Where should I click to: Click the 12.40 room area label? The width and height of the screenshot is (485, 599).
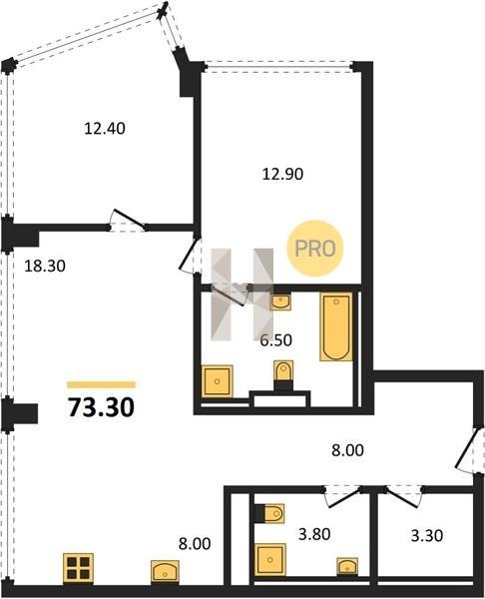point(104,129)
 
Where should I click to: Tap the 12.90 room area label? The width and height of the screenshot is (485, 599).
point(283,174)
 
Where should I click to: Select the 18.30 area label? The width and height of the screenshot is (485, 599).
point(45,266)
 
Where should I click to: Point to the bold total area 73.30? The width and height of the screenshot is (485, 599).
point(101,407)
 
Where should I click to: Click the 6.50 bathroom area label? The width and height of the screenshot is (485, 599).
point(276,340)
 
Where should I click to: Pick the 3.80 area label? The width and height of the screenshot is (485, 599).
point(314,534)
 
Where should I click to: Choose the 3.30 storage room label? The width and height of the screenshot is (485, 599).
point(427,535)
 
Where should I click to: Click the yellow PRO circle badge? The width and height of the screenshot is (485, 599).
point(315,249)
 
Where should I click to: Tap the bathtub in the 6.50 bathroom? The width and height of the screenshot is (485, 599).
point(336,326)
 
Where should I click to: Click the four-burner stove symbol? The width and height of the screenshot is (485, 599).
point(78,568)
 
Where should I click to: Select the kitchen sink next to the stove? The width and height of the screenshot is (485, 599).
point(165,571)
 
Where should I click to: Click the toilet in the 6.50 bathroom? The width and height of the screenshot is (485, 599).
point(283,375)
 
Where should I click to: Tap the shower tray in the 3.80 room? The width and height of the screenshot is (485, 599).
point(270,560)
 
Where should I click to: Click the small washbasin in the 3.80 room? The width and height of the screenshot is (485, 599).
point(347,566)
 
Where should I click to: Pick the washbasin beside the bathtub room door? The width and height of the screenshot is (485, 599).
point(280,301)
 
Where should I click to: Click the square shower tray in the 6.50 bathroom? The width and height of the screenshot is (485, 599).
point(218,381)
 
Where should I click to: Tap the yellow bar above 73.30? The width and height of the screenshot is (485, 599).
point(101,384)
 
